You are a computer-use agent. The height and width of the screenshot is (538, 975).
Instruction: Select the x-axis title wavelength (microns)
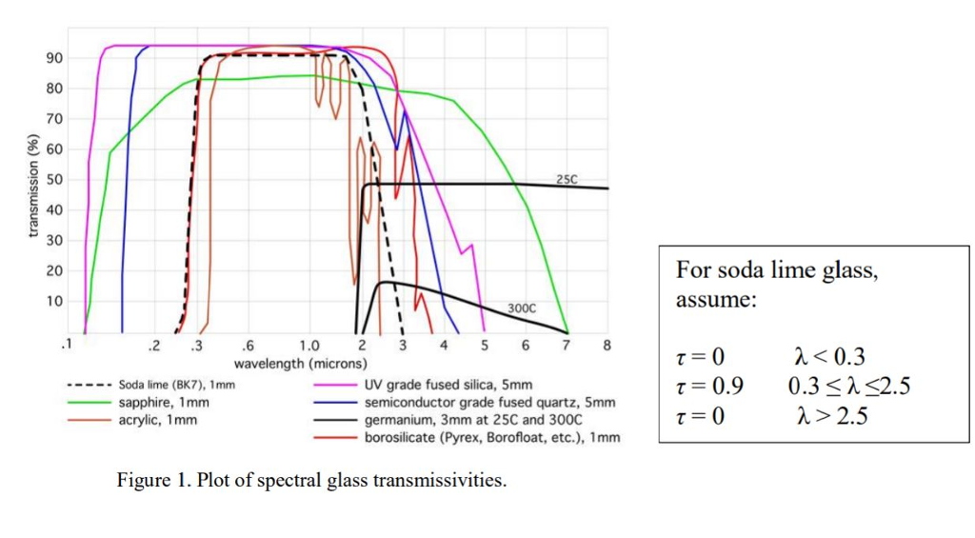(x=300, y=364)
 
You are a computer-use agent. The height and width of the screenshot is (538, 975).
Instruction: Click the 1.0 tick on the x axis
(x=309, y=345)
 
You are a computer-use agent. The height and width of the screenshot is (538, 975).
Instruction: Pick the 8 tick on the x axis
(x=607, y=345)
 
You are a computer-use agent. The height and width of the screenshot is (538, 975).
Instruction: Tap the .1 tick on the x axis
(x=65, y=345)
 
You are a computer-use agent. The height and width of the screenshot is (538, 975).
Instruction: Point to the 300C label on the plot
(x=522, y=309)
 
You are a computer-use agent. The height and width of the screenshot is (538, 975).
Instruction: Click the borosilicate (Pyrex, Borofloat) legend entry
(x=491, y=437)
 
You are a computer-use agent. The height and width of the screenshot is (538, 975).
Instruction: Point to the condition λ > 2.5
(x=831, y=415)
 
